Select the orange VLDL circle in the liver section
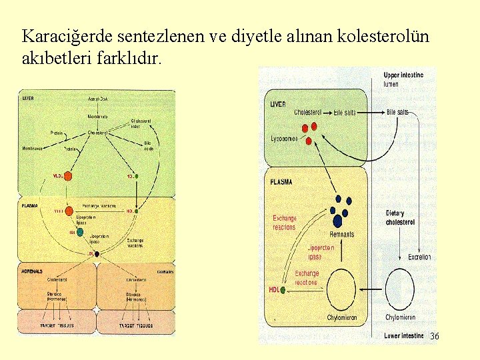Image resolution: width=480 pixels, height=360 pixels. click(68, 176)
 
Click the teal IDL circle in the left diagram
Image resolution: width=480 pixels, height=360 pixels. click(80, 232)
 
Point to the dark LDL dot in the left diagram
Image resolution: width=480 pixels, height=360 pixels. click(97, 254)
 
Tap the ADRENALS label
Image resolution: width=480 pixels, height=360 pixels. click(33, 272)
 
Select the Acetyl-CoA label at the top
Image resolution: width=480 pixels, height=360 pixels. click(99, 99)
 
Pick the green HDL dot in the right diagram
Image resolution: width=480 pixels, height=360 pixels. click(283, 291)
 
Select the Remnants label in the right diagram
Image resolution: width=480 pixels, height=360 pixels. click(342, 234)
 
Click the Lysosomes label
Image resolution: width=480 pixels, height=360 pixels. click(285, 139)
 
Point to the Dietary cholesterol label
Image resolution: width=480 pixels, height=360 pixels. click(400, 217)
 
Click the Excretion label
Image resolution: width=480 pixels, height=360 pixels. click(419, 257)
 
